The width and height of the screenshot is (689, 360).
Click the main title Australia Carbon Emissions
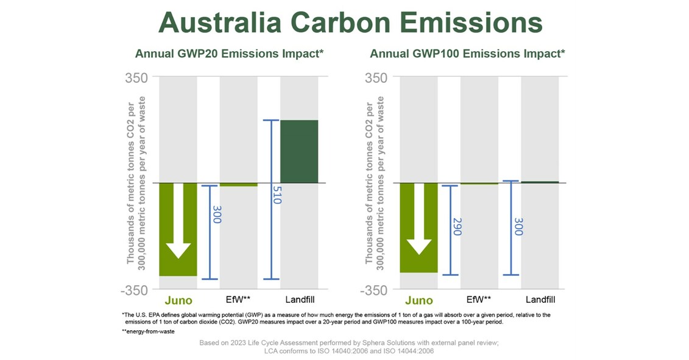tap(350, 23)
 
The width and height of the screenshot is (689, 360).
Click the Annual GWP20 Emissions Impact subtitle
tap(229, 54)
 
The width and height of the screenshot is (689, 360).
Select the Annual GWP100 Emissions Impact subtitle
tap(467, 54)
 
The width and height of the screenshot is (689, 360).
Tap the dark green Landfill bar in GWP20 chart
tap(299, 151)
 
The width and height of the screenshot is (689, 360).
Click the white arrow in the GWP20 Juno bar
tap(178, 222)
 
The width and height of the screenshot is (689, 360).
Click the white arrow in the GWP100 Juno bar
tap(419, 221)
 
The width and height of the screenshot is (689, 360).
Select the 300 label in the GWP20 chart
tap(216, 214)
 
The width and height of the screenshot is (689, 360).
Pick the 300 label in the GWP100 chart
tap(518, 227)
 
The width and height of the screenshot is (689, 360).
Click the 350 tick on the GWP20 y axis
tap(136, 79)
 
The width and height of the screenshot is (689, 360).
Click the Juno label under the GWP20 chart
tap(178, 300)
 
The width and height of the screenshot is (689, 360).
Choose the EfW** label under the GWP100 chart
tap(479, 300)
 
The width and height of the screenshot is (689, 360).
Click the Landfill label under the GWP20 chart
tap(300, 300)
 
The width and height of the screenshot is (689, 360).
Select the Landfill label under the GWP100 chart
tap(540, 300)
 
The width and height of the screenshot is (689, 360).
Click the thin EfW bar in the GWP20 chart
tap(238, 185)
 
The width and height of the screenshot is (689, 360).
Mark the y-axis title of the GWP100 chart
tap(373, 180)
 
